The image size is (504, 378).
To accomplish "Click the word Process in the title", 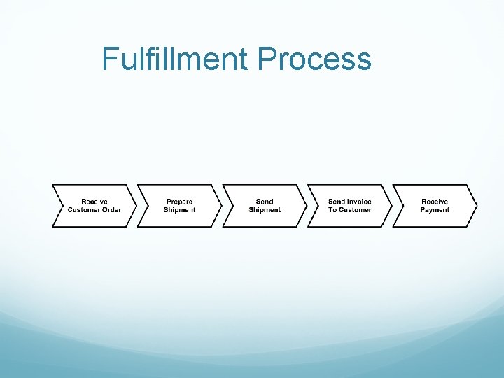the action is pyautogui.click(x=314, y=59).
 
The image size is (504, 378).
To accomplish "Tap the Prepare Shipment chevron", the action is pyautogui.click(x=179, y=206).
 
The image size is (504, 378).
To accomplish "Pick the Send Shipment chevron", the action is pyautogui.click(x=265, y=206).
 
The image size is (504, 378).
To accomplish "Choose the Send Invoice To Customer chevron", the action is pyautogui.click(x=350, y=206).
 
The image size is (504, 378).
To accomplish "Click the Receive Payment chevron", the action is pyautogui.click(x=435, y=206).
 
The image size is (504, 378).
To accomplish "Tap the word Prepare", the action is pyautogui.click(x=179, y=202).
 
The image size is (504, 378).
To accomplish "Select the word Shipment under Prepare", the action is pyautogui.click(x=179, y=210).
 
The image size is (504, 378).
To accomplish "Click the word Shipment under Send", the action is pyautogui.click(x=265, y=210).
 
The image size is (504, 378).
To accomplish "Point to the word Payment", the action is pyautogui.click(x=435, y=210).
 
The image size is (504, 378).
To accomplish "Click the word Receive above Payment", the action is pyautogui.click(x=435, y=202).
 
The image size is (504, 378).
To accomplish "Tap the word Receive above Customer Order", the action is pyautogui.click(x=94, y=202).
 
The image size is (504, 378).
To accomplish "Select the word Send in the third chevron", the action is pyautogui.click(x=265, y=202).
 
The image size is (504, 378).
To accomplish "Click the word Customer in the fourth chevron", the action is pyautogui.click(x=355, y=210).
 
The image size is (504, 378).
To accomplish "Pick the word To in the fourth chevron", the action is pyautogui.click(x=332, y=210).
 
